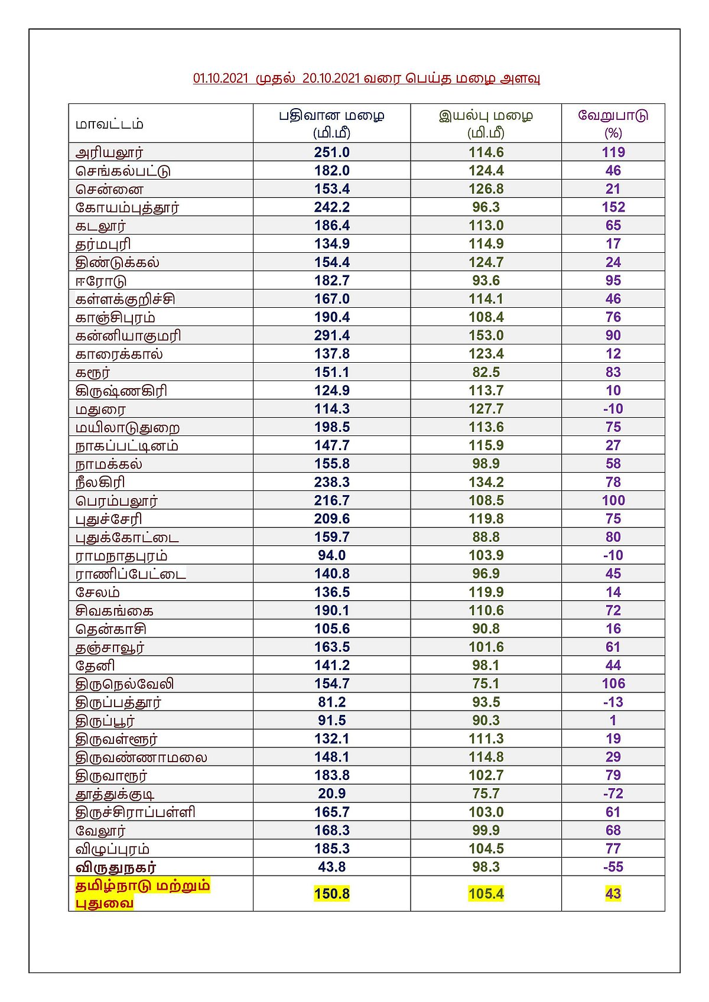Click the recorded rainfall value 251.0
(x=331, y=152)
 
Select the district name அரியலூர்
(x=109, y=152)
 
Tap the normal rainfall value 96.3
(x=486, y=207)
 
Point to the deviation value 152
(x=613, y=207)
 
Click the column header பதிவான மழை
(x=331, y=115)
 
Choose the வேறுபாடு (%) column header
(x=613, y=123)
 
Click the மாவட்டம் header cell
(x=109, y=124)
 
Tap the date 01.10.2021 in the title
(x=220, y=79)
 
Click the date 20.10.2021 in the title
(x=331, y=79)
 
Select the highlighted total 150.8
(x=331, y=894)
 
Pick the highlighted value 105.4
(x=486, y=894)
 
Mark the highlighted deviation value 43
(x=613, y=894)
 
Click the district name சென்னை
(x=109, y=190)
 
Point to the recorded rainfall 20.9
(x=331, y=793)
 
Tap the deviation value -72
(x=613, y=793)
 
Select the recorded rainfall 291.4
(x=331, y=336)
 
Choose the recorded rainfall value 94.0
(x=331, y=555)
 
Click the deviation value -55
(x=613, y=867)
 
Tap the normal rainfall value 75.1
(x=486, y=684)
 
